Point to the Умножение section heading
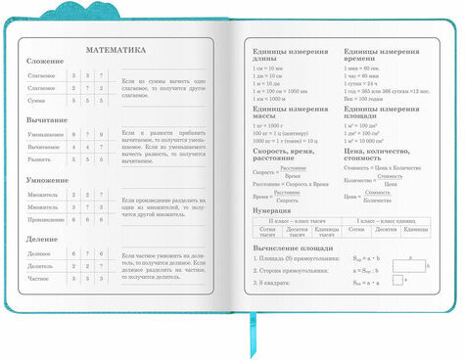click(x=49, y=181)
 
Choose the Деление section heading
click(x=44, y=238)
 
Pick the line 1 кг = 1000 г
click(x=271, y=125)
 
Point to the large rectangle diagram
click(x=410, y=265)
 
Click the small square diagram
click(x=398, y=280)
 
